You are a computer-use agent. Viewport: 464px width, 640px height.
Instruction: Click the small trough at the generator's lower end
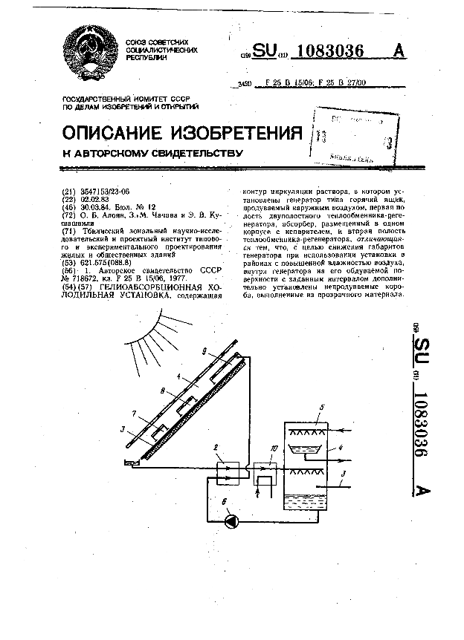(128, 463)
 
